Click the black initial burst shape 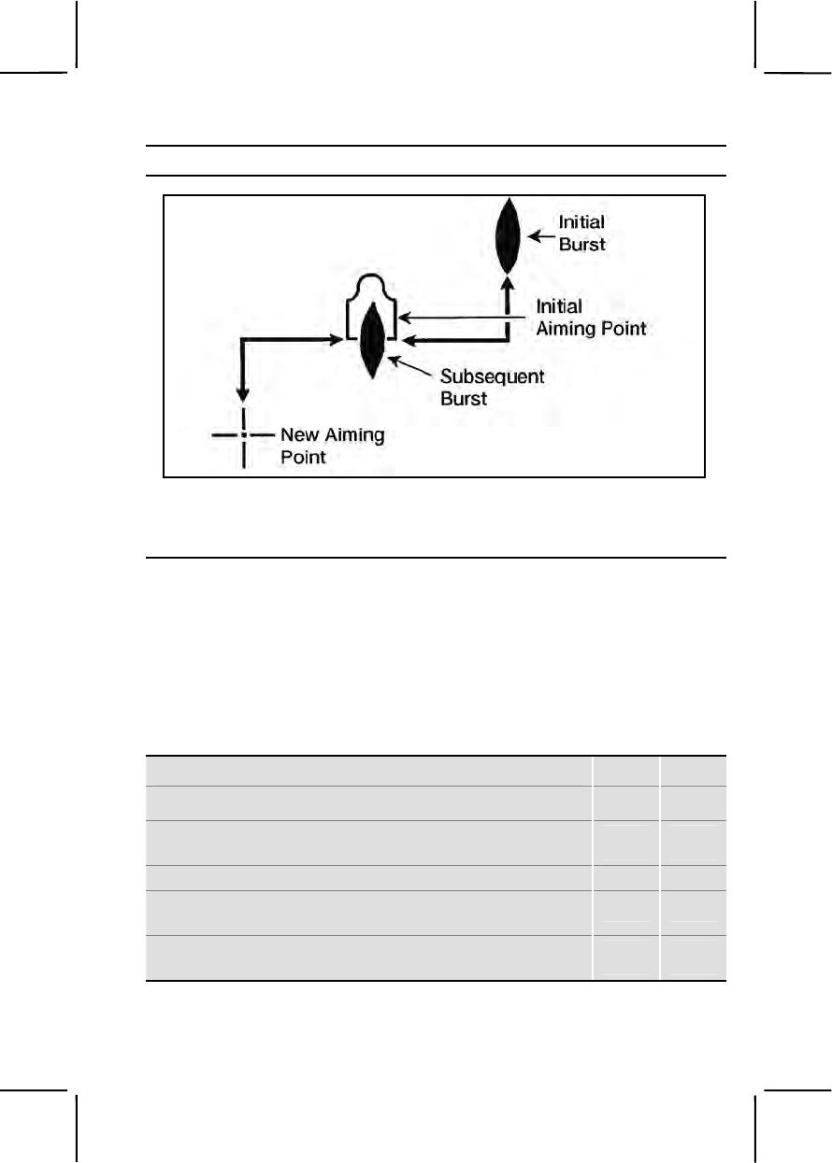coord(506,235)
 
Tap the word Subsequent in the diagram coord(492,377)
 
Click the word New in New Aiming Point coord(301,435)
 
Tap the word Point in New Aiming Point coord(304,458)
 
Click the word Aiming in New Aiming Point coord(353,435)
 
